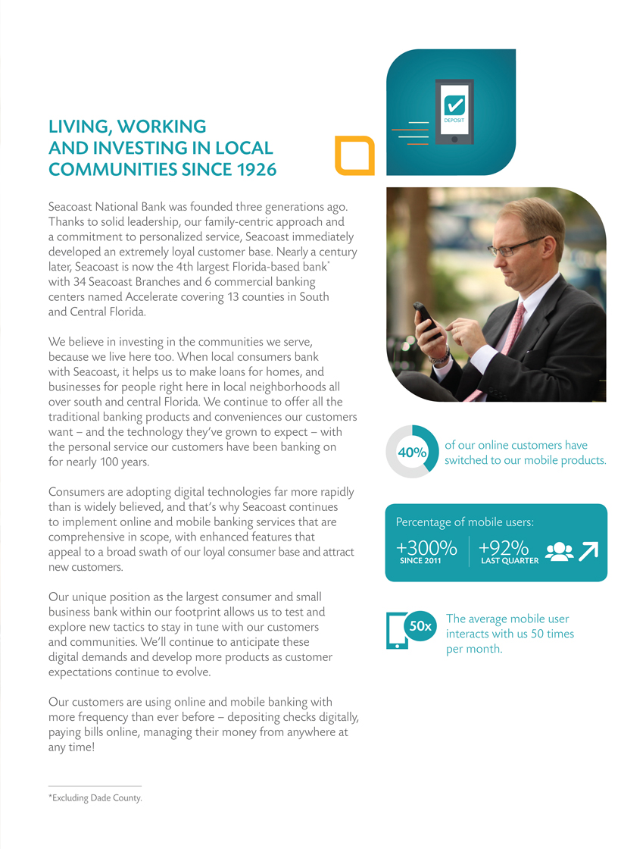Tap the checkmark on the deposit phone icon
tap(454, 104)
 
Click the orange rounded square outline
tap(355, 155)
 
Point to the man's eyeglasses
tap(515, 247)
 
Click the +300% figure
tap(426, 548)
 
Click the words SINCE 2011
tap(420, 562)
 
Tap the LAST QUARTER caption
tap(510, 562)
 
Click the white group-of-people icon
tap(560, 552)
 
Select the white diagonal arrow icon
tap(588, 551)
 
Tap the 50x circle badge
tap(420, 627)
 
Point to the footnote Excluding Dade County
tap(95, 798)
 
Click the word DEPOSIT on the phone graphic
tap(454, 121)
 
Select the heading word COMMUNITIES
tap(108, 171)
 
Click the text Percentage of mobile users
tap(466, 522)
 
